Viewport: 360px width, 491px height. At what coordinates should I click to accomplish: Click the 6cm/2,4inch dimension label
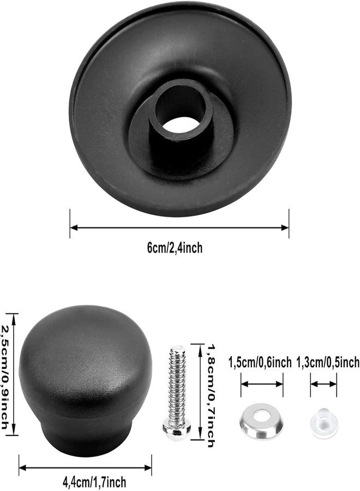pos(175,248)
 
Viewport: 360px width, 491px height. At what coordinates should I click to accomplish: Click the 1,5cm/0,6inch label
pos(260,362)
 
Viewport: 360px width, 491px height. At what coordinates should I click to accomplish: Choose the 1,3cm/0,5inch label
pos(328,362)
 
